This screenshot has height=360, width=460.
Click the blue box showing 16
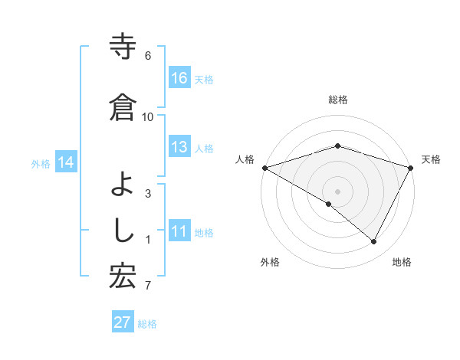point(179,78)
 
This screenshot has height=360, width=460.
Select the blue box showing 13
point(179,147)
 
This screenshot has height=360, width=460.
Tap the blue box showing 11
point(179,232)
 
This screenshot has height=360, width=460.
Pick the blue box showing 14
point(66,162)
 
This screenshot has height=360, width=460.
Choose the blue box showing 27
point(123,322)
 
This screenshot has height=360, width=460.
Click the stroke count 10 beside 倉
point(148,116)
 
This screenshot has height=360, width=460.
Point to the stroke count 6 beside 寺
point(148,56)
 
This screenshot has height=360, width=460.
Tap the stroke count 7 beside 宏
point(148,286)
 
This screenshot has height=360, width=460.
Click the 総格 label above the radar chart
point(337,100)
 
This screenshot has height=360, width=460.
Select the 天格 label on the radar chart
point(431,159)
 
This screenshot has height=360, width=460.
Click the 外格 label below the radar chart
point(270,262)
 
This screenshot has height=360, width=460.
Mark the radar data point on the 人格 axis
point(264,167)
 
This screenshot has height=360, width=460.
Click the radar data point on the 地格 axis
point(374,241)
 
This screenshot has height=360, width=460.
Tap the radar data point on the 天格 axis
point(411,167)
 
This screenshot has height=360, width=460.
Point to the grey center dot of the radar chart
point(337,191)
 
